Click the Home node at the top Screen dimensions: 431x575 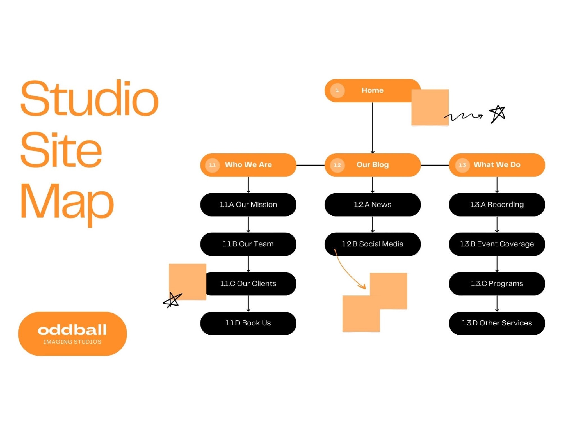click(x=372, y=90)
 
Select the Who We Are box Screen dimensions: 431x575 click(x=248, y=165)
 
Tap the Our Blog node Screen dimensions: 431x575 click(x=373, y=165)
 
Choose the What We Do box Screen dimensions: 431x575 click(x=497, y=165)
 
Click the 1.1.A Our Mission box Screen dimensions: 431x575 click(x=248, y=205)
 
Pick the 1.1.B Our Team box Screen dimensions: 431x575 click(x=248, y=244)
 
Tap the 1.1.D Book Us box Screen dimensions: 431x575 click(x=248, y=323)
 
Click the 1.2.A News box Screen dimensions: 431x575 click(x=373, y=205)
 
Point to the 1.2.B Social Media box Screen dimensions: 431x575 click(x=373, y=244)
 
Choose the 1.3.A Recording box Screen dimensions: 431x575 click(x=497, y=205)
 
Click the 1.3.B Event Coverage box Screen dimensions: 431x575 click(x=497, y=244)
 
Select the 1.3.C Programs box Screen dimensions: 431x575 click(x=497, y=284)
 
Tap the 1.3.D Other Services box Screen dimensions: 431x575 click(x=497, y=323)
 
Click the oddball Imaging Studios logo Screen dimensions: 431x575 click(x=72, y=334)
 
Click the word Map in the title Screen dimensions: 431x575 click(x=67, y=201)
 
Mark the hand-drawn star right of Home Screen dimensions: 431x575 click(x=497, y=114)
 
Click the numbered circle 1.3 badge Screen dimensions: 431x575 click(x=462, y=165)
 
